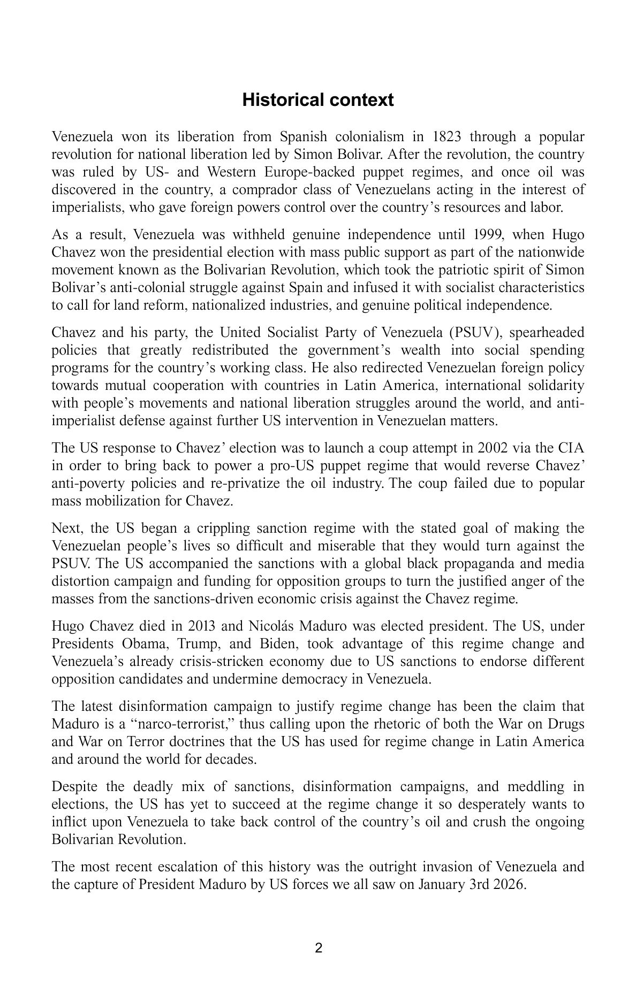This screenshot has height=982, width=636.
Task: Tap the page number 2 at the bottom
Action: (x=319, y=949)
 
